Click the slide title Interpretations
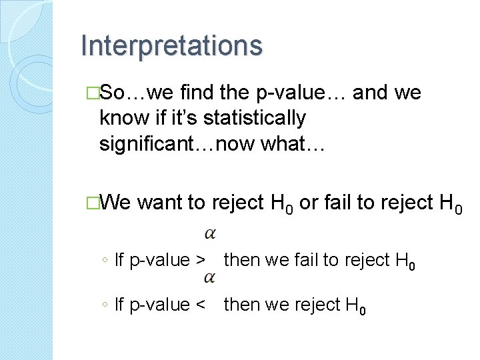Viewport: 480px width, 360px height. pos(171,46)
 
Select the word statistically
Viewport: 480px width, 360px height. pos(254,118)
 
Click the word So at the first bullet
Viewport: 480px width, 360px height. pos(117,93)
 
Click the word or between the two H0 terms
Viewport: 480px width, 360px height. pos(309,202)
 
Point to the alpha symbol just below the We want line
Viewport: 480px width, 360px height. pos(209,233)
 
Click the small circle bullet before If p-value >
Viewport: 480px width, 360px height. pos(107,261)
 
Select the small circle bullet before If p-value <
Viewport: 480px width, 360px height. pos(107,305)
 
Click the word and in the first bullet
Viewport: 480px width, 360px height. pos(373,93)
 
